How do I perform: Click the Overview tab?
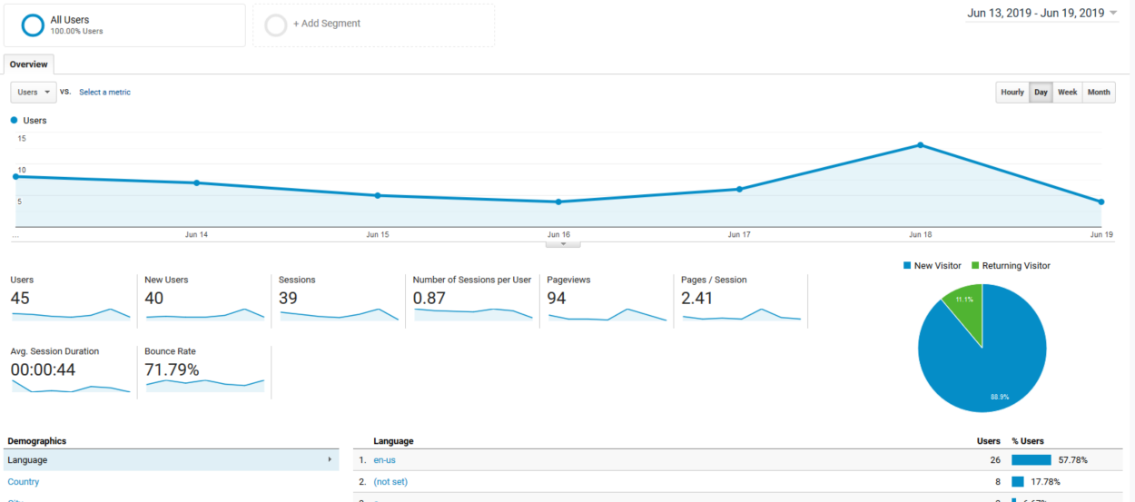(28, 64)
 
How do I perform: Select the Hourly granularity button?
(1012, 93)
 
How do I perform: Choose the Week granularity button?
(1068, 93)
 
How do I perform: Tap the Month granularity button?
(1099, 93)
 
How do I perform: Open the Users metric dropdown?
(34, 93)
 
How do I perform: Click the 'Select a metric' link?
(104, 93)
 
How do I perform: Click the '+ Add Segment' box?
(373, 25)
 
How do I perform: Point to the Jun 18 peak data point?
(921, 145)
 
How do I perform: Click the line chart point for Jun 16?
(558, 202)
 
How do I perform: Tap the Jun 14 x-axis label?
(196, 235)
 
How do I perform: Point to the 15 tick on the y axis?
(21, 139)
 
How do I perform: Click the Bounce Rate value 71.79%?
(172, 369)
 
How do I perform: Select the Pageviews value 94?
(557, 298)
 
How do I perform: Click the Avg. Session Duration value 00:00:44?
(43, 369)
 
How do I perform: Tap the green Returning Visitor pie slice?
(965, 313)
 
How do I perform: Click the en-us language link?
(384, 460)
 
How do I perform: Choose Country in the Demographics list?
(24, 482)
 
